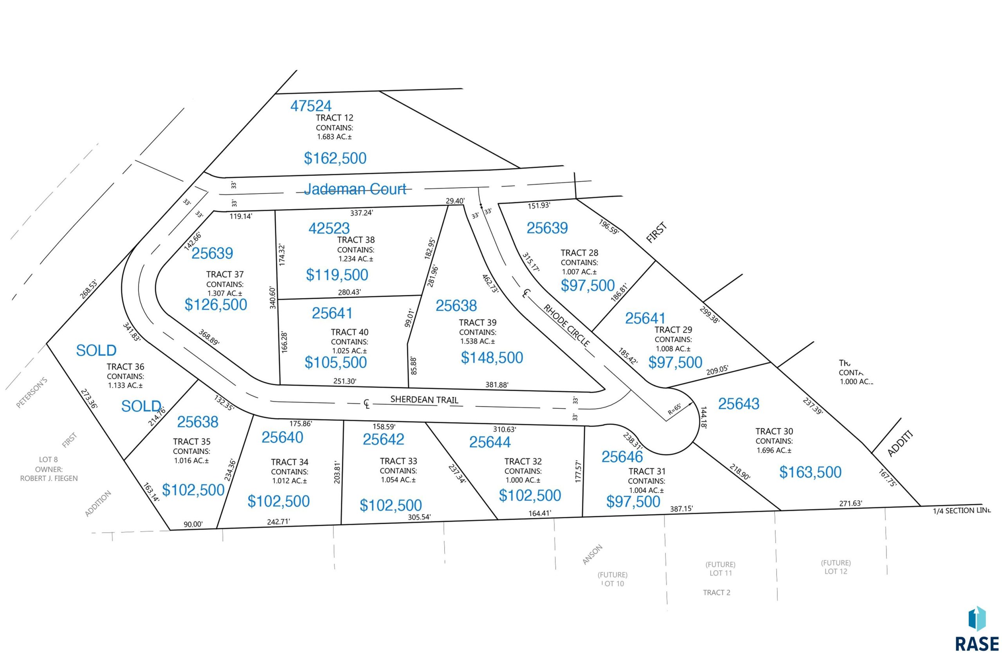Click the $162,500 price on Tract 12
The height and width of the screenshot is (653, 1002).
click(x=335, y=158)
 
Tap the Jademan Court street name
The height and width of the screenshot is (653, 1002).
click(x=355, y=189)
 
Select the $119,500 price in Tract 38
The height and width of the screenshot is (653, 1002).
click(x=337, y=275)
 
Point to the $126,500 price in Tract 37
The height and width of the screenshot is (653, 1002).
click(x=216, y=305)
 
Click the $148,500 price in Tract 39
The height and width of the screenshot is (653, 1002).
click(x=492, y=358)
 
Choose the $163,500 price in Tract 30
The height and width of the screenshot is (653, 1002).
click(x=810, y=473)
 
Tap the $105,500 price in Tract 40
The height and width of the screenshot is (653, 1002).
click(x=335, y=363)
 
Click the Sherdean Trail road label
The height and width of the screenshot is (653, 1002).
click(x=424, y=400)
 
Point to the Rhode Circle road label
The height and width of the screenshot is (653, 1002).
click(x=566, y=325)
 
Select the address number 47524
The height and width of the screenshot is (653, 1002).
click(x=311, y=106)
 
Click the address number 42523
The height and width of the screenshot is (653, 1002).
click(x=329, y=228)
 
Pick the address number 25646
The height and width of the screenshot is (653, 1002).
click(x=622, y=457)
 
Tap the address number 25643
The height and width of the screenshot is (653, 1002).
click(x=739, y=404)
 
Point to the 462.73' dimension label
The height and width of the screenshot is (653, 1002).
click(x=490, y=284)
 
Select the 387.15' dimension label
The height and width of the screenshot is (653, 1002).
click(x=681, y=509)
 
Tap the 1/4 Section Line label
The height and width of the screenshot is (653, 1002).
click(x=962, y=511)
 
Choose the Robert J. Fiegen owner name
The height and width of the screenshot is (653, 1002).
click(x=49, y=478)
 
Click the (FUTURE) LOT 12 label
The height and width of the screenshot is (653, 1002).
click(x=836, y=567)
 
